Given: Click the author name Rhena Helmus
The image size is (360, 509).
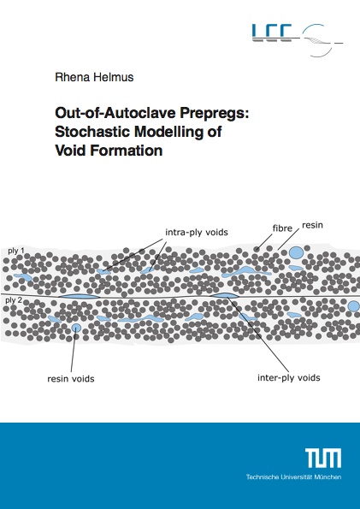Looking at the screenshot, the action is [x=94, y=77].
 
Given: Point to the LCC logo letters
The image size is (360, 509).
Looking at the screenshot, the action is [x=272, y=33].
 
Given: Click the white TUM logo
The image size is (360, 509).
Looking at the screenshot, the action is [x=323, y=458].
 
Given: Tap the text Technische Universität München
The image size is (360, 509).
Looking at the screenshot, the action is [x=293, y=477].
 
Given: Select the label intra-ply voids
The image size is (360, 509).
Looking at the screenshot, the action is [x=197, y=233].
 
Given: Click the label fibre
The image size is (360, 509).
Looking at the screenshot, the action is [x=282, y=228].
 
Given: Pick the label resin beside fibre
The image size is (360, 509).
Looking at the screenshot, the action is [x=312, y=225].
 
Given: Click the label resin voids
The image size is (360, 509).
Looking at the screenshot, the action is [x=71, y=378].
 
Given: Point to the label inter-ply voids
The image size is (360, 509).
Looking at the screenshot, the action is [x=288, y=378].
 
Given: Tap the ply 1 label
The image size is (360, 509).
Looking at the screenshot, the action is [x=15, y=252].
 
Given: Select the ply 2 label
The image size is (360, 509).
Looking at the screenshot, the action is [x=14, y=300].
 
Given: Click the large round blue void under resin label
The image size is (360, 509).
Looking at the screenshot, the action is [x=296, y=252].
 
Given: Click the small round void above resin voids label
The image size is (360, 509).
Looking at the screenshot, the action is [x=76, y=328].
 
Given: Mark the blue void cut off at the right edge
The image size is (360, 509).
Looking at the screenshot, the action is [x=354, y=306].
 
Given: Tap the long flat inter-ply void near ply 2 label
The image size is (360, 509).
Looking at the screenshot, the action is [x=79, y=296].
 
